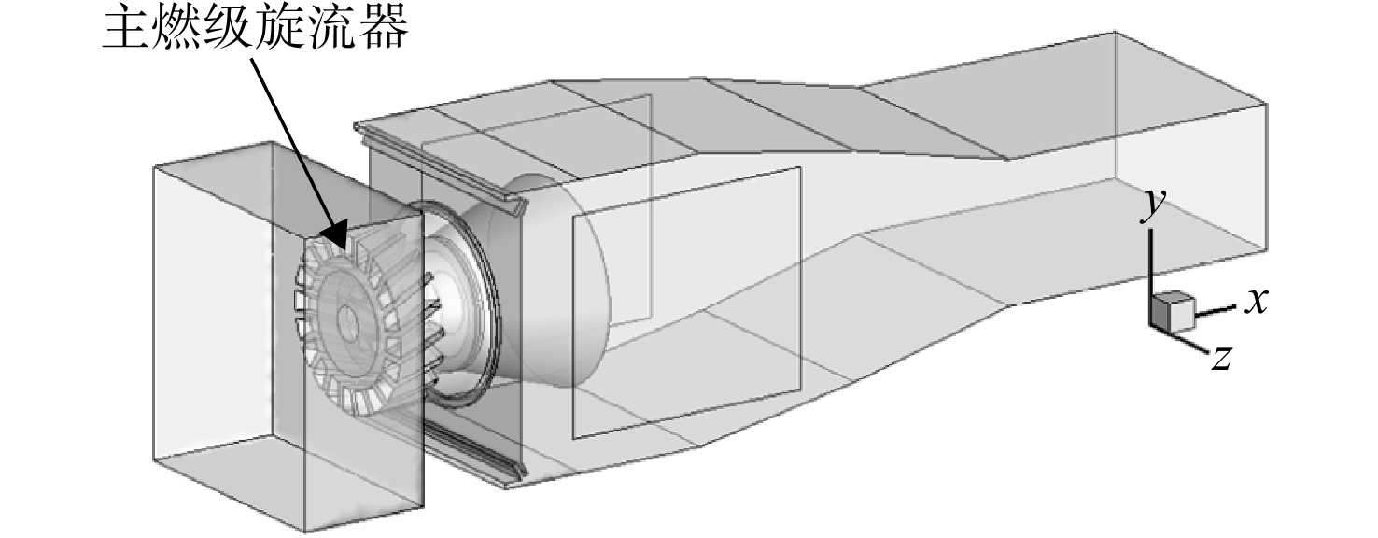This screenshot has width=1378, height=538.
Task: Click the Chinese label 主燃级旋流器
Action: coord(255,28)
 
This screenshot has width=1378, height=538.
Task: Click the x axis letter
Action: coord(1257,301)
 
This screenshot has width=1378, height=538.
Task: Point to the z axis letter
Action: coord(1222,357)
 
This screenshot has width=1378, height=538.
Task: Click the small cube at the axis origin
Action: coord(1172,311)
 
